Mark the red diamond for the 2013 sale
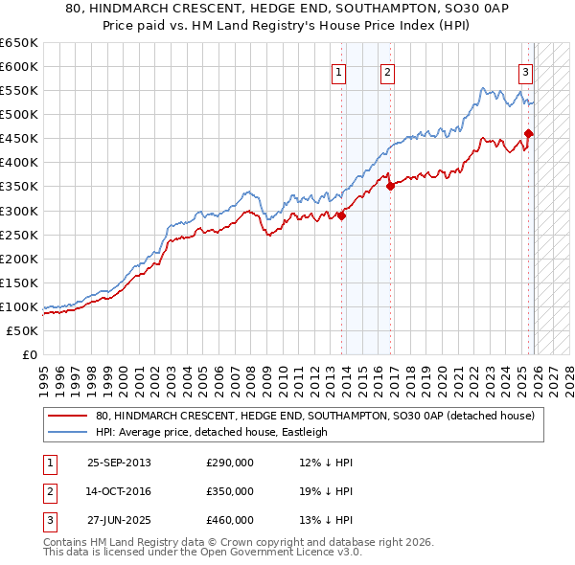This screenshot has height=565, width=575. tap(342, 215)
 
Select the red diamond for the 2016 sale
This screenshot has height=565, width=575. tap(390, 187)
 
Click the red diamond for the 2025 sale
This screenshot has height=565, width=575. tap(529, 134)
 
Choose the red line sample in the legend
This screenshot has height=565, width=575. tap(67, 416)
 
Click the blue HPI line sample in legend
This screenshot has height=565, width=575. tap(67, 432)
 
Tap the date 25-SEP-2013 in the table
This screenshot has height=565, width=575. tap(119, 463)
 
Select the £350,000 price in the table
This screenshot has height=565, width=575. tap(230, 491)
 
